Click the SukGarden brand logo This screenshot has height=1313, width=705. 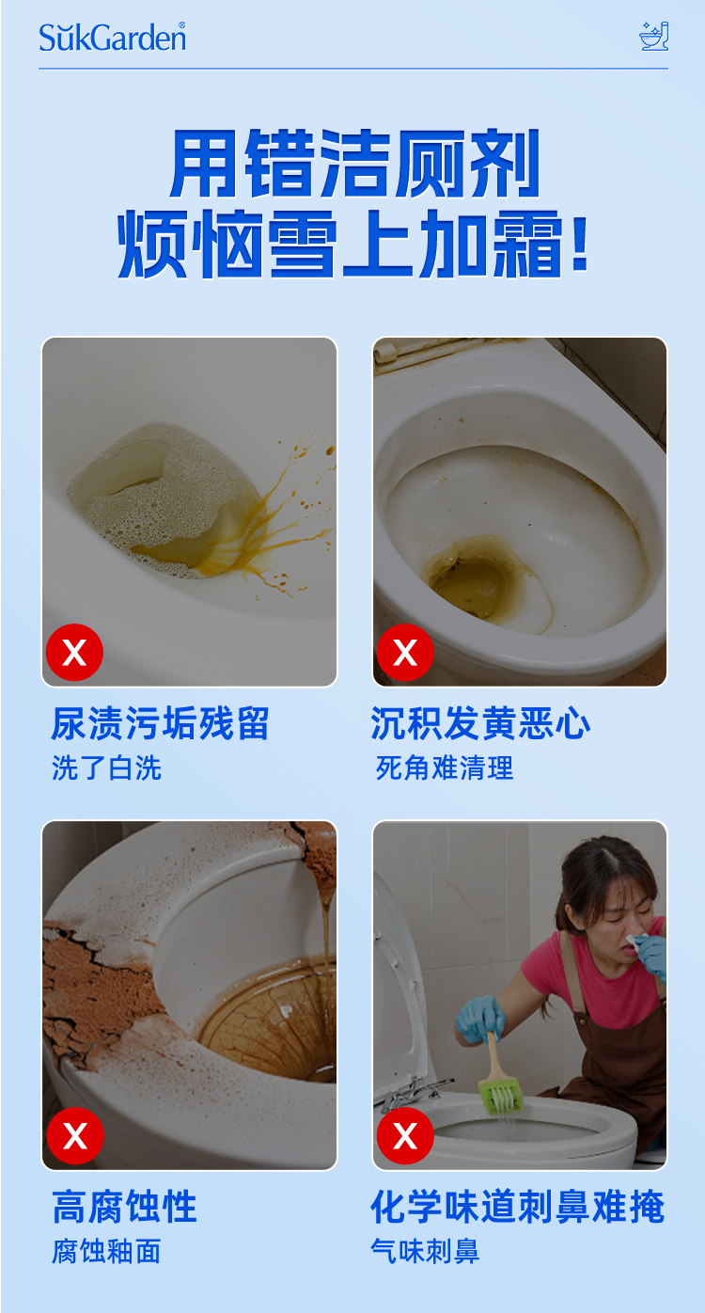(x=113, y=37)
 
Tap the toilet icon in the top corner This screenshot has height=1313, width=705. (x=653, y=36)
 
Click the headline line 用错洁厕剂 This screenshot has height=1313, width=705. (x=354, y=164)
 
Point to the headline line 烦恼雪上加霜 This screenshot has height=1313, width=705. (x=352, y=244)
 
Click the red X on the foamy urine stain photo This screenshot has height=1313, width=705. (x=74, y=652)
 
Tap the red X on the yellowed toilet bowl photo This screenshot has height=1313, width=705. (x=405, y=652)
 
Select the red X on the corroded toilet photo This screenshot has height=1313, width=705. (x=75, y=1136)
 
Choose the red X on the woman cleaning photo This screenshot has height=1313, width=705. (x=405, y=1136)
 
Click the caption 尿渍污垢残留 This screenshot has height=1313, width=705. (x=160, y=723)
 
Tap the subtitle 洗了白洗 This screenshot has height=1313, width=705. (x=106, y=767)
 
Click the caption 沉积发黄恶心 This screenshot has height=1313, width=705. (x=480, y=723)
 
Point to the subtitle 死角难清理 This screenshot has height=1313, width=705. (x=445, y=767)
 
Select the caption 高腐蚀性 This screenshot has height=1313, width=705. (x=125, y=1207)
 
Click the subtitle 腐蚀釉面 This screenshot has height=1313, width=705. (x=106, y=1251)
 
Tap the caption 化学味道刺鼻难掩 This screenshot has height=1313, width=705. (x=518, y=1207)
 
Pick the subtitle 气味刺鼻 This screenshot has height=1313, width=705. (x=426, y=1251)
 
